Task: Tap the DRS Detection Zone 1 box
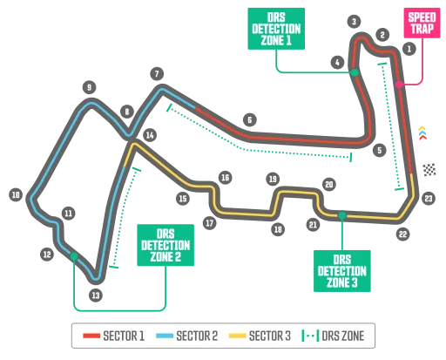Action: pos(274,28)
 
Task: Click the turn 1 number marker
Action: pos(408,49)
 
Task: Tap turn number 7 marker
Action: pos(156,73)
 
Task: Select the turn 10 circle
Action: pos(15,195)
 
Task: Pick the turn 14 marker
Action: pos(150,135)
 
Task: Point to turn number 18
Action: pos(277,229)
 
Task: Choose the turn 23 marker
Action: pos(428,198)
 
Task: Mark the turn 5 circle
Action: pos(378,150)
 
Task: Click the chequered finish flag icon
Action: pos(429,170)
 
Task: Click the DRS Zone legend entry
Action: pos(337,335)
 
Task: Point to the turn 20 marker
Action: pos(328,184)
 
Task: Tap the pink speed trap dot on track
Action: pos(399,85)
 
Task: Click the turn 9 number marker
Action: pos(88,85)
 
